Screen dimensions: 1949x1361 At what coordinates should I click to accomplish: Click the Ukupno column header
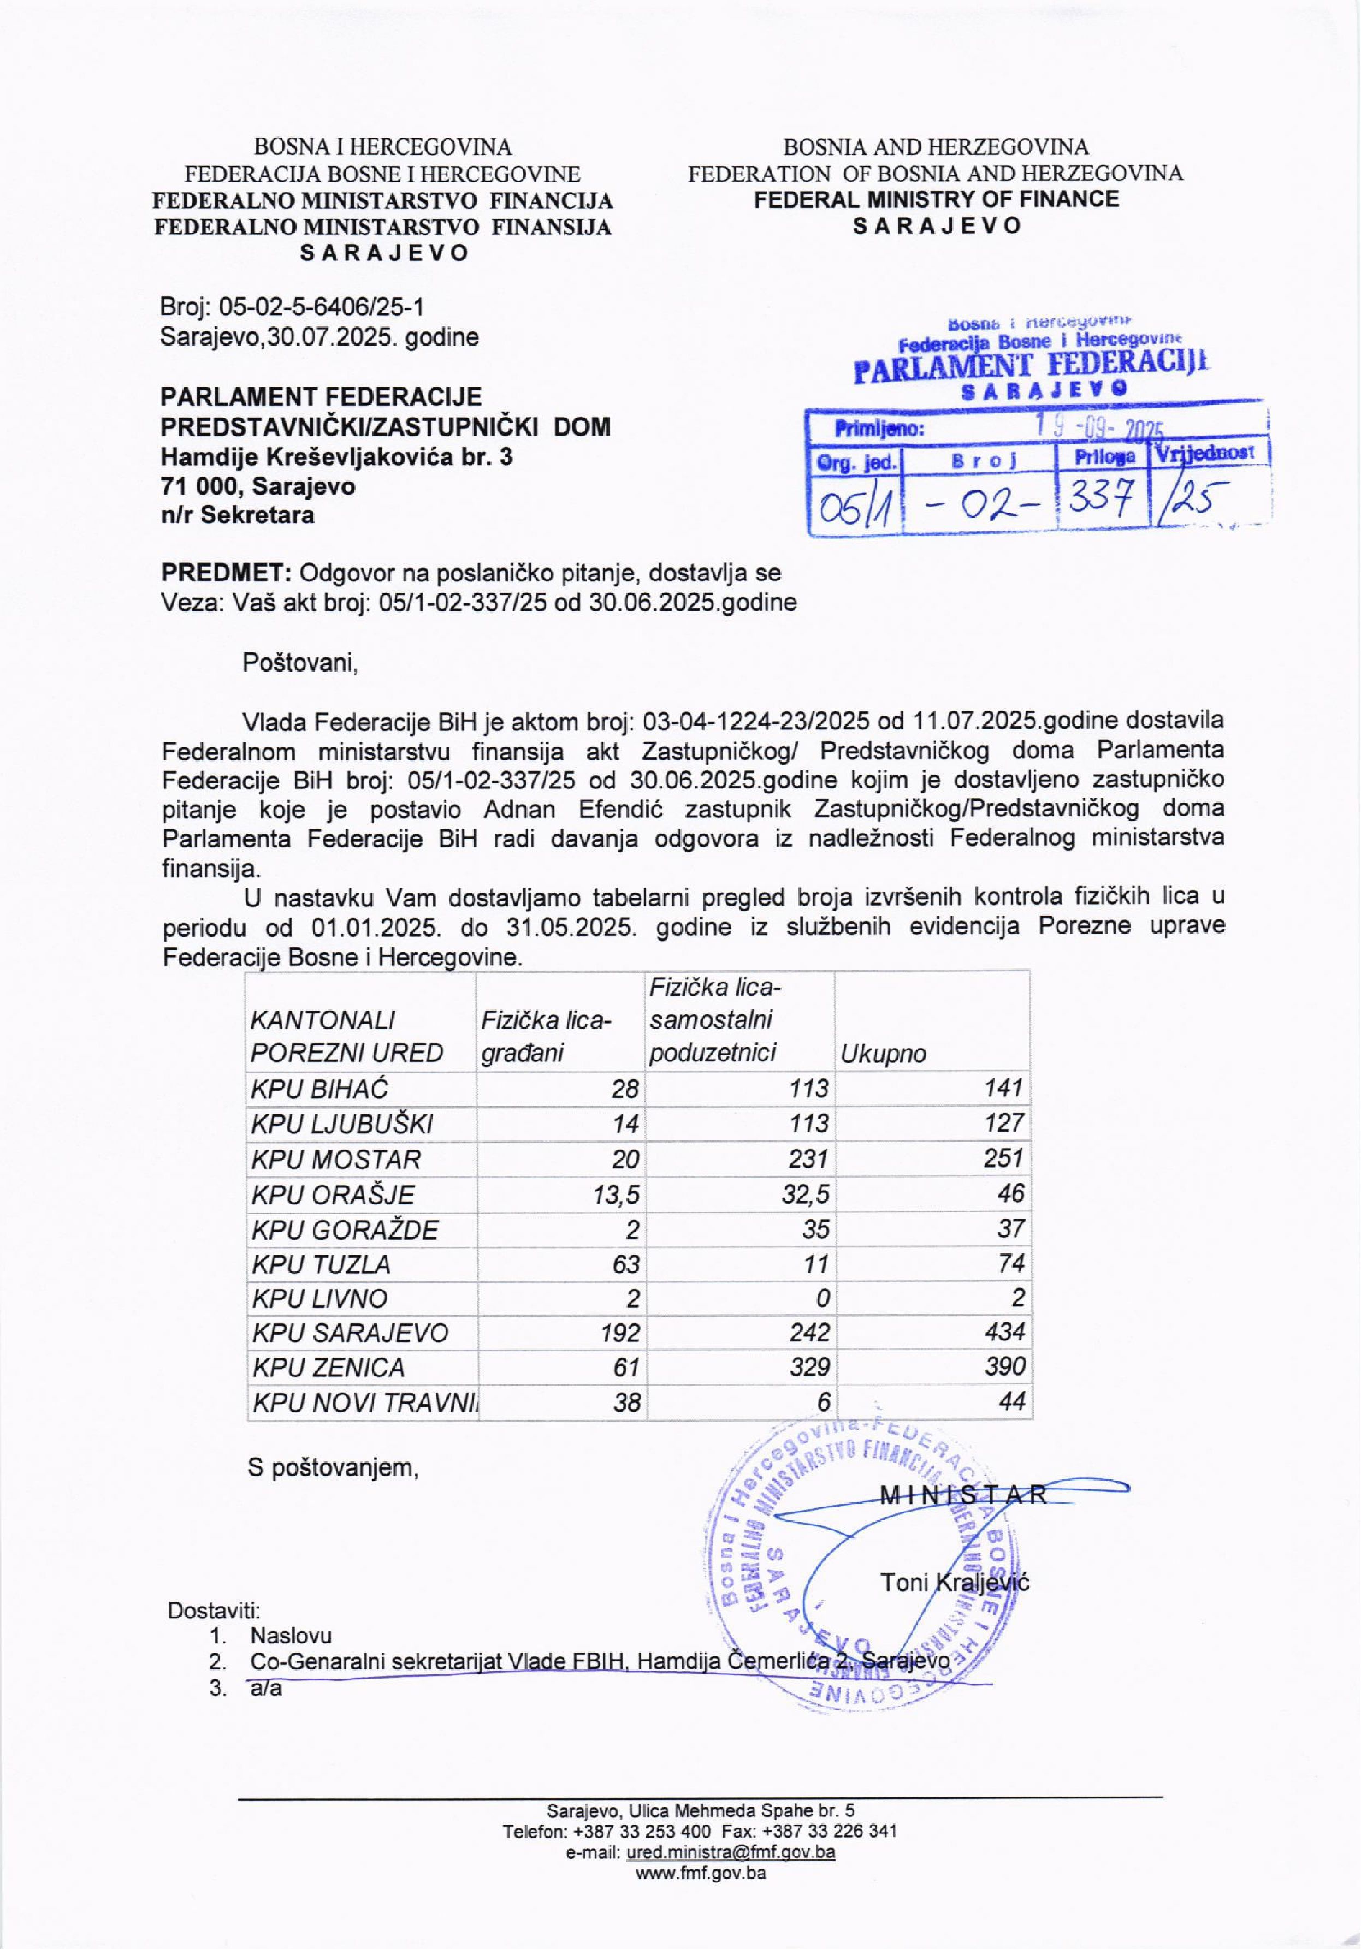(x=883, y=1054)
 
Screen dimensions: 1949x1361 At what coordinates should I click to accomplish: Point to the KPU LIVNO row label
(x=319, y=1298)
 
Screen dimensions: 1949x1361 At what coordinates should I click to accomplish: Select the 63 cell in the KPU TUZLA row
(x=626, y=1264)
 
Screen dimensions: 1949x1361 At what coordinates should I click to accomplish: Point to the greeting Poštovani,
(x=300, y=662)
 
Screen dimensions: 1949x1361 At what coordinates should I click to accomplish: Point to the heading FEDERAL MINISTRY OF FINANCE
(x=937, y=199)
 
